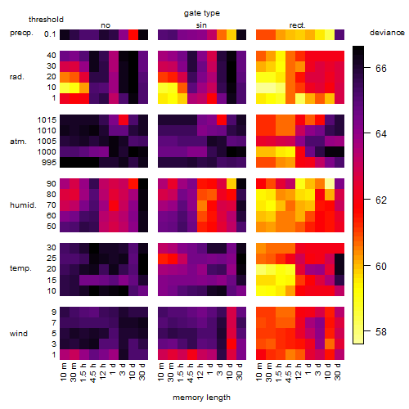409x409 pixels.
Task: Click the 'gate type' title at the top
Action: coord(202,13)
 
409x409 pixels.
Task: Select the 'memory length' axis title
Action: coord(201,398)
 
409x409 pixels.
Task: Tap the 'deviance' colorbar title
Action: coord(387,33)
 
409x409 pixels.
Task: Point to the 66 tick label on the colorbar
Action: coord(381,68)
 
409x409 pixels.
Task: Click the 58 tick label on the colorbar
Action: coord(381,332)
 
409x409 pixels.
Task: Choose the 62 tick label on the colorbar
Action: coord(381,200)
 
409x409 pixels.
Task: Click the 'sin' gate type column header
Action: coord(201,25)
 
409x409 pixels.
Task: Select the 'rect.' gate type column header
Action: coord(297,25)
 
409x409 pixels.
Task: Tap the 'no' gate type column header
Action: coord(106,25)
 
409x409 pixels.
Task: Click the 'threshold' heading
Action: coord(46,20)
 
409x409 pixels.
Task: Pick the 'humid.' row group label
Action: coord(23,205)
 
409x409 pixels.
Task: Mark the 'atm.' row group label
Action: coord(18,142)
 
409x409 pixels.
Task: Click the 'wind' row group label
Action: coord(19,334)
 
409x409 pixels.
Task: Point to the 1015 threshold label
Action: coord(47,120)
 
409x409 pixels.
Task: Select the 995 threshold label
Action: coord(49,163)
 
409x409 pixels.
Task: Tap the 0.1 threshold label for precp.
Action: coord(50,34)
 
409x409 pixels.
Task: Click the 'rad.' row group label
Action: coord(17,77)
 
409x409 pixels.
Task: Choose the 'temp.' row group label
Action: coord(20,268)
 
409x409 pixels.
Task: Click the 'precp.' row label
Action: coord(21,33)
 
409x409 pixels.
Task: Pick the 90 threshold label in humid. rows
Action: coord(52,184)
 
